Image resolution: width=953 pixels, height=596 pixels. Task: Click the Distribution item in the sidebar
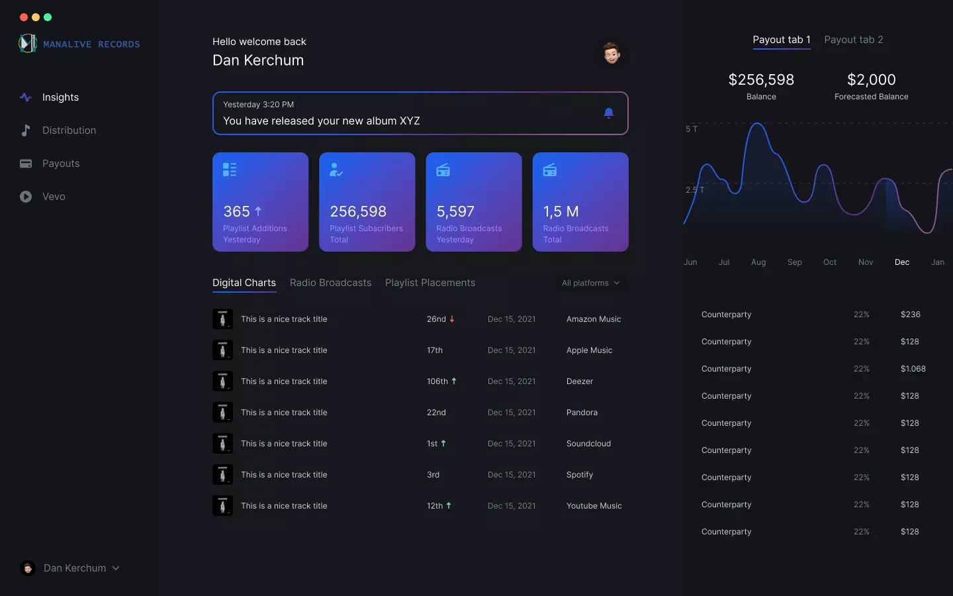(69, 130)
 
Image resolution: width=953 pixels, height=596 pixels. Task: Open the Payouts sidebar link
(60, 164)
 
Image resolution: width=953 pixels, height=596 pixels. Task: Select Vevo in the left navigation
(54, 197)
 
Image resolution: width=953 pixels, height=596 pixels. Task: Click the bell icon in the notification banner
(609, 113)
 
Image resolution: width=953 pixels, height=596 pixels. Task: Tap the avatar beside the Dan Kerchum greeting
(612, 53)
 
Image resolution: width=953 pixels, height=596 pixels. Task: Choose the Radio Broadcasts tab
(330, 283)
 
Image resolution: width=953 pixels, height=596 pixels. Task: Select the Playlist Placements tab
(430, 283)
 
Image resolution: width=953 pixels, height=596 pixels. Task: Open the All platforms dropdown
(590, 283)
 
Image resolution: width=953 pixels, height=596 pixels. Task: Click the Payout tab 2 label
(853, 40)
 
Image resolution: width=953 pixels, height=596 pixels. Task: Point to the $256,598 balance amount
(761, 80)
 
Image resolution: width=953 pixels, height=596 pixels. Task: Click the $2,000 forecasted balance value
(871, 80)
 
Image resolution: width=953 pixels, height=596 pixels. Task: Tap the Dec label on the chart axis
(901, 262)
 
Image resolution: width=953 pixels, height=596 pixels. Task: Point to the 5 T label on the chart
(692, 129)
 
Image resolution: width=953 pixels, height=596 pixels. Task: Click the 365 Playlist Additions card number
(236, 212)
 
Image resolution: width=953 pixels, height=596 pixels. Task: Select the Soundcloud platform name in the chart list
(588, 444)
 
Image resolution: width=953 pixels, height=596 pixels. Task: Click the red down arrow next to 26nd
(452, 319)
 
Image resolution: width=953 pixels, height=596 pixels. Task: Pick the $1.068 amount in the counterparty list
(913, 369)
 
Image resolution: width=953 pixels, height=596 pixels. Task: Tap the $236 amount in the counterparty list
(910, 315)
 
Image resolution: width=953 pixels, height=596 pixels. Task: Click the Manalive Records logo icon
(28, 44)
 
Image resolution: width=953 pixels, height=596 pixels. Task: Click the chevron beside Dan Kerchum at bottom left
(116, 568)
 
